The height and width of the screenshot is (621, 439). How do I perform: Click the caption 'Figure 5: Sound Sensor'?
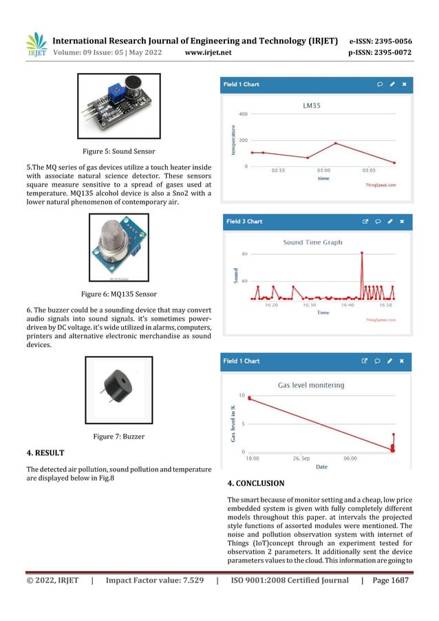(118, 150)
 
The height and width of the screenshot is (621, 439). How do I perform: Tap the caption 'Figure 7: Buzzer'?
(118, 436)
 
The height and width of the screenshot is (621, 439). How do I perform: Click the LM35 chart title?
(314, 106)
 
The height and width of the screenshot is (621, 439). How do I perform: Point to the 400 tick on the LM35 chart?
(244, 114)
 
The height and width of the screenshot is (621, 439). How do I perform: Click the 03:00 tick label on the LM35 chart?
(323, 169)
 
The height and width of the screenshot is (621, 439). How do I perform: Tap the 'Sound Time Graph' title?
(312, 242)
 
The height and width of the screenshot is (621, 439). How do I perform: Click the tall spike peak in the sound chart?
(362, 253)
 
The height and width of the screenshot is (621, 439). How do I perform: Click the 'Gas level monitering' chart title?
(311, 385)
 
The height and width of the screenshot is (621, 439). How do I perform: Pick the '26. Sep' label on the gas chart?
(303, 457)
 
